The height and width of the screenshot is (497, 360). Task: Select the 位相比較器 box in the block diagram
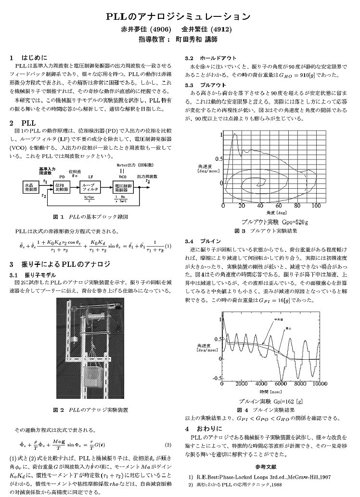tap(60, 187)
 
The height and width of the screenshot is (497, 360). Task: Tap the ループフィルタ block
tap(90, 187)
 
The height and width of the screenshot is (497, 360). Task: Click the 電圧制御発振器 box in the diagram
tap(123, 187)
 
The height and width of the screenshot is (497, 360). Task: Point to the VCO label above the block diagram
tap(122, 177)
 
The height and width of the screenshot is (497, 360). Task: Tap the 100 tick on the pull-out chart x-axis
tap(316, 206)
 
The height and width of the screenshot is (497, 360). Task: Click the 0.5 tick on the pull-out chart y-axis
tap(219, 159)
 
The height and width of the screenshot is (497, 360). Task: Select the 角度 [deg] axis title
tap(270, 212)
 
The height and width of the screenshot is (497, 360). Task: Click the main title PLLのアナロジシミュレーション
tap(179, 17)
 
